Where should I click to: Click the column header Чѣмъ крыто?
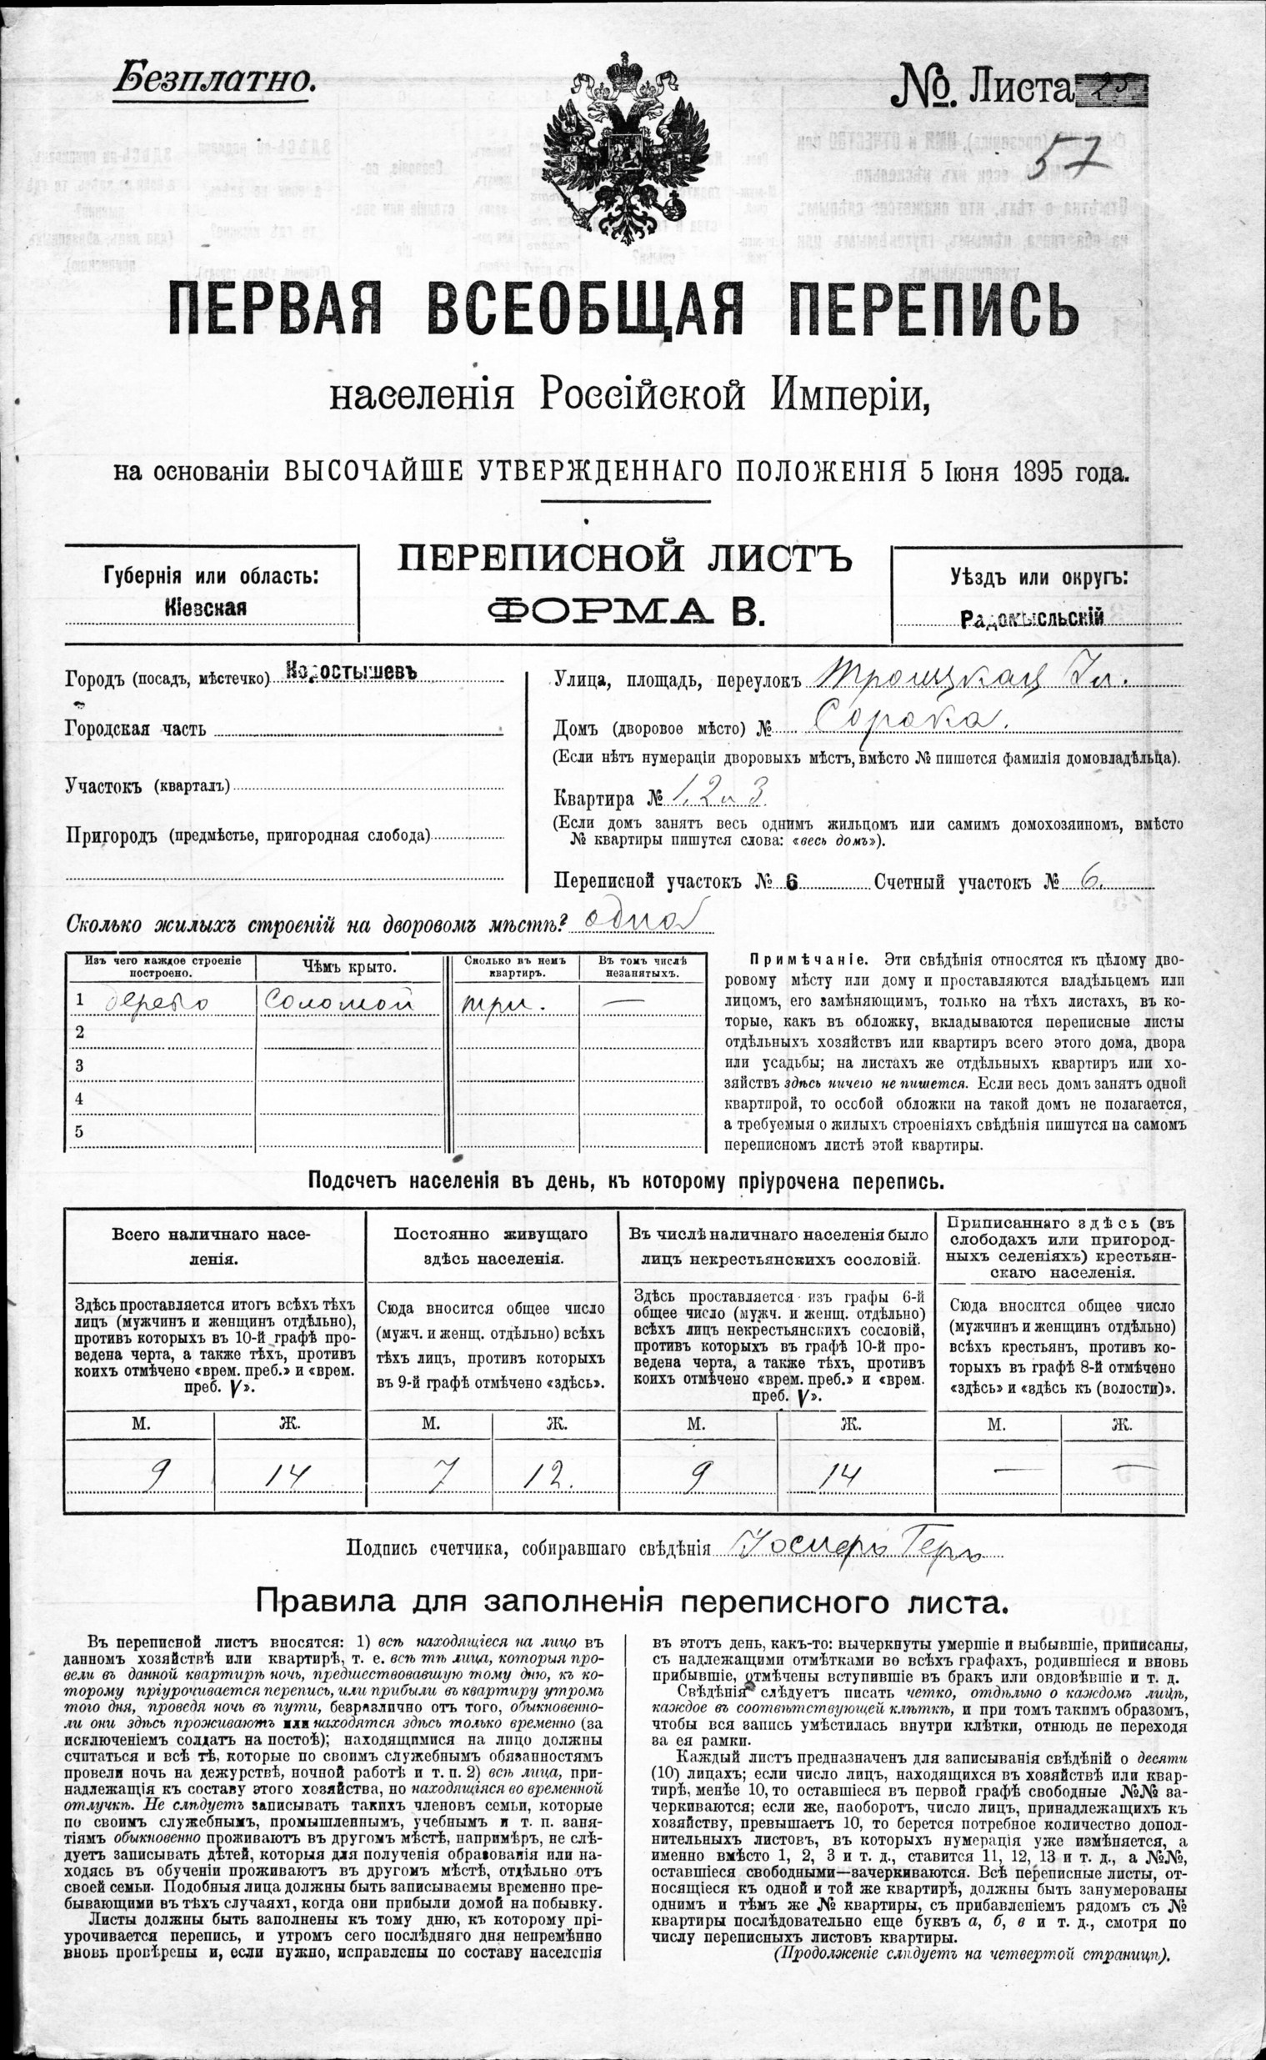tap(348, 967)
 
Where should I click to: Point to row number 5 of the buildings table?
tap(79, 1131)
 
